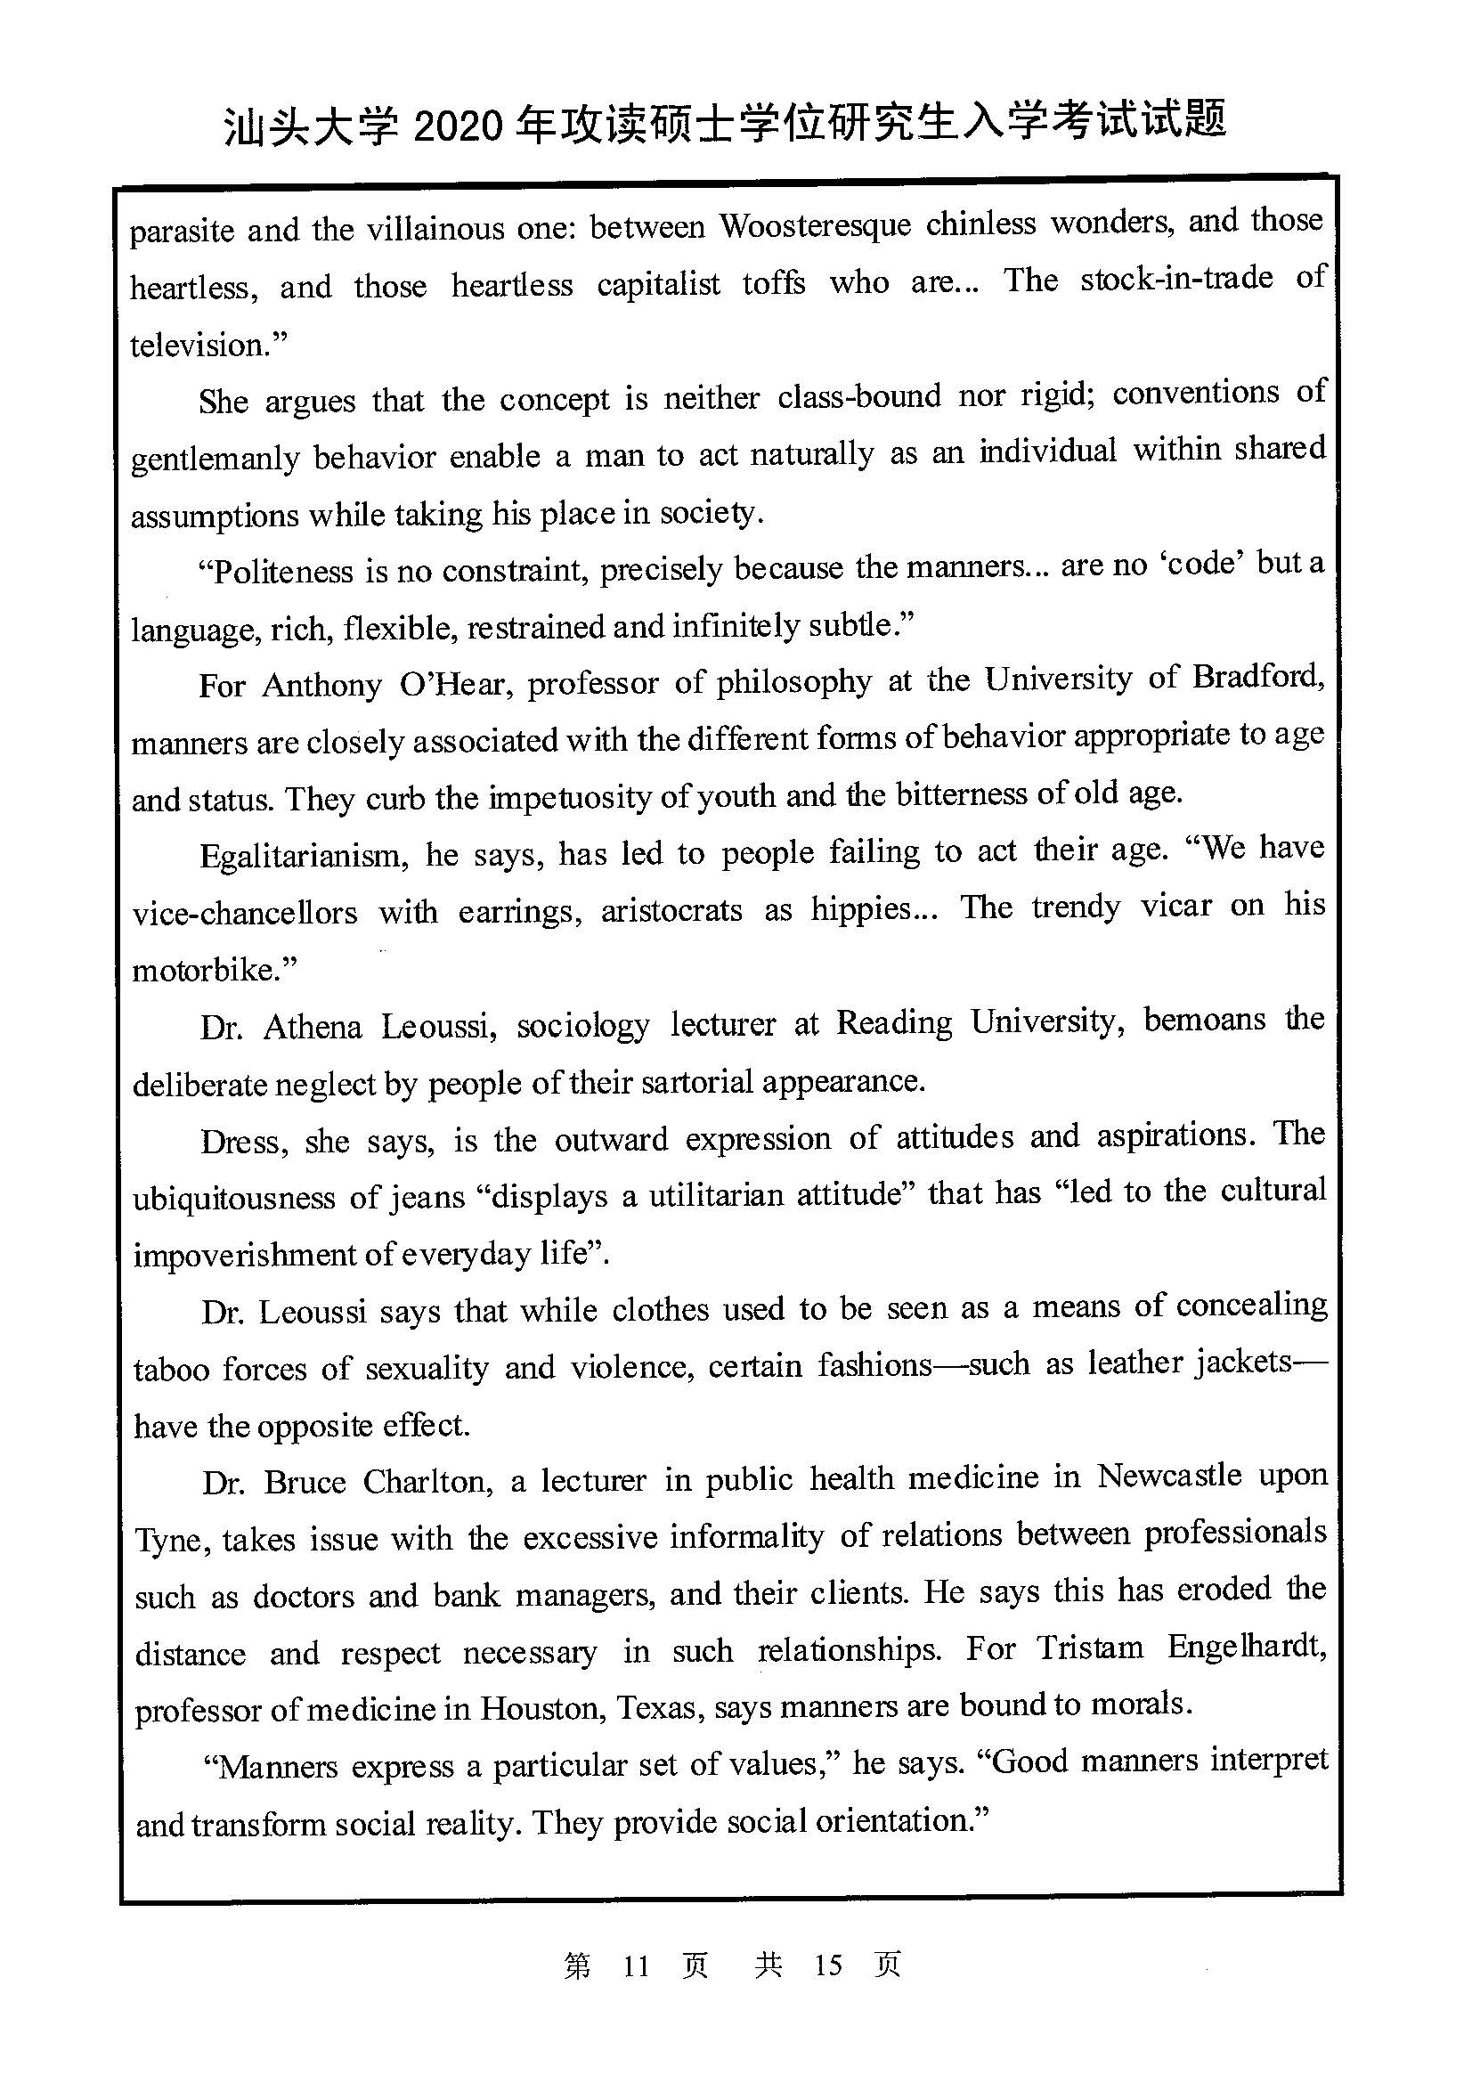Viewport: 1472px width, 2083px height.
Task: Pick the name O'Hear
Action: pos(451,685)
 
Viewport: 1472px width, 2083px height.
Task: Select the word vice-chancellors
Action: pos(245,913)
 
